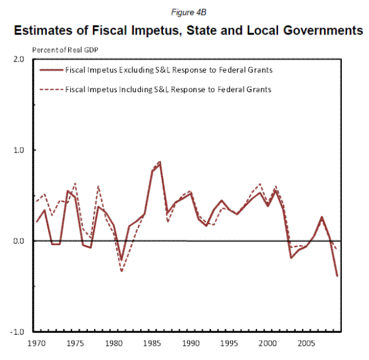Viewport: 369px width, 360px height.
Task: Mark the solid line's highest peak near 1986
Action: click(x=160, y=162)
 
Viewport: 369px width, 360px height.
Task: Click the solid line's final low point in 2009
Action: click(x=337, y=276)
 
